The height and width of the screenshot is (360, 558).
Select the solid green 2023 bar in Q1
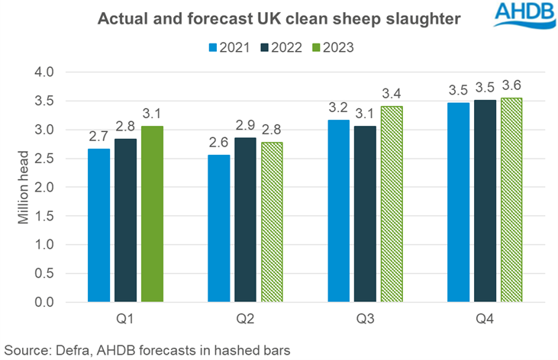point(152,214)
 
